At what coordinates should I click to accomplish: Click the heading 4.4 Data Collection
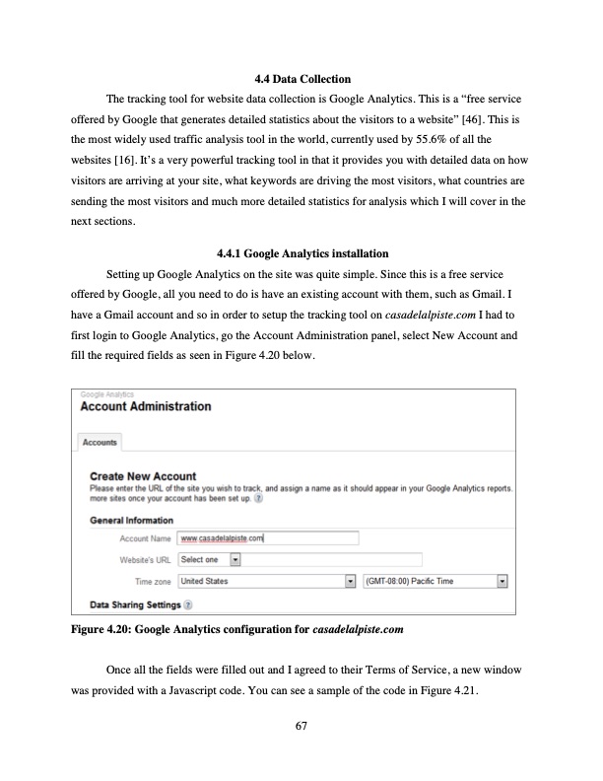tap(301, 78)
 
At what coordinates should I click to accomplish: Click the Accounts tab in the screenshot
tap(100, 442)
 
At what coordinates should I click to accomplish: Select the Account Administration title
tap(145, 406)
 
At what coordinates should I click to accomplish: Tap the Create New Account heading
tap(143, 477)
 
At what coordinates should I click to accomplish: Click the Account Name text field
tap(267, 538)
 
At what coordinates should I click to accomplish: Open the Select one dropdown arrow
tap(234, 560)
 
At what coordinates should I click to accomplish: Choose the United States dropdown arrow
tap(350, 582)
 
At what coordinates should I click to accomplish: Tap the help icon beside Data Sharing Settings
tap(187, 603)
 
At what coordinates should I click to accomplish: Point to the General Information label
tap(131, 521)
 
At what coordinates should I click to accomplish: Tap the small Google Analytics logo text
tap(106, 392)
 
